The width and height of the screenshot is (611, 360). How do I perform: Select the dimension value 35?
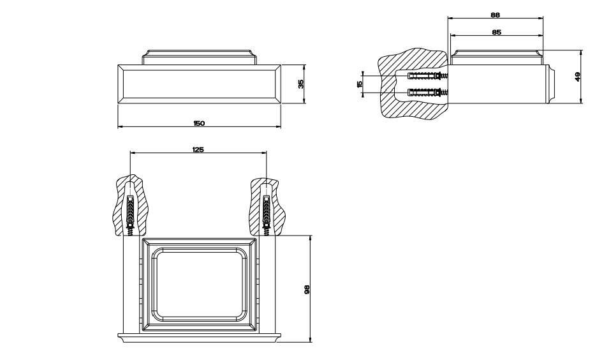(x=300, y=83)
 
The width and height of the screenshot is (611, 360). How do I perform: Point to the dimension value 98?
(x=307, y=289)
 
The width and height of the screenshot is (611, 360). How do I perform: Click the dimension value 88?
(x=495, y=14)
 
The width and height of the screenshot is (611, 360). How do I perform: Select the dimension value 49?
(x=577, y=76)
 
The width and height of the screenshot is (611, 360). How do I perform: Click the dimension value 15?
(x=360, y=84)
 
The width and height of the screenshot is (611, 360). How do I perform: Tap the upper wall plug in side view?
(x=426, y=75)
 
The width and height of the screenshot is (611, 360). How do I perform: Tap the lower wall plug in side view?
(x=426, y=93)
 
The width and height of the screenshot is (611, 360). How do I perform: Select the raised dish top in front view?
(x=199, y=56)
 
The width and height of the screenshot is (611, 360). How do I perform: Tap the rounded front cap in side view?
(x=550, y=84)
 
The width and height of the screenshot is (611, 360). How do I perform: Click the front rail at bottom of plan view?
(x=199, y=336)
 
